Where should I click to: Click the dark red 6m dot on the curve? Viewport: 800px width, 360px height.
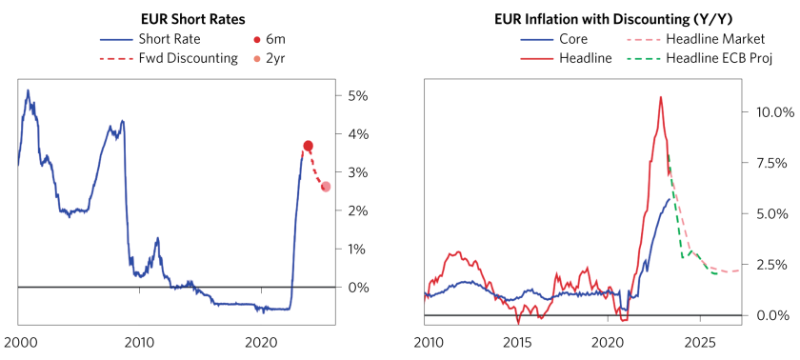308,146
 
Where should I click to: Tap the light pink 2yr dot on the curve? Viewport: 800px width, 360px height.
326,186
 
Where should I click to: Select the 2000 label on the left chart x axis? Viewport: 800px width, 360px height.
18,341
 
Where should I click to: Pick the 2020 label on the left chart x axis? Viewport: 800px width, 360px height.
260,341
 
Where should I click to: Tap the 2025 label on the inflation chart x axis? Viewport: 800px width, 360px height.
699,341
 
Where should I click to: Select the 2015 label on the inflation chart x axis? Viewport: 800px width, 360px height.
516,341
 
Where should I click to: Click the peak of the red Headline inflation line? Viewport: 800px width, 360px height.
660,97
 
